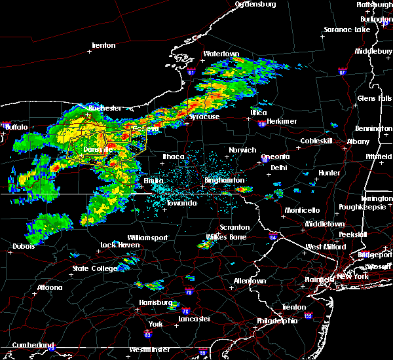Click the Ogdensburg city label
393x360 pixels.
[255, 4]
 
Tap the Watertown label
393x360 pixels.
[221, 54]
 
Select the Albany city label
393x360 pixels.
[359, 141]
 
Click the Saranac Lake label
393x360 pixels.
[346, 30]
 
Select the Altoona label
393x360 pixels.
[49, 287]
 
